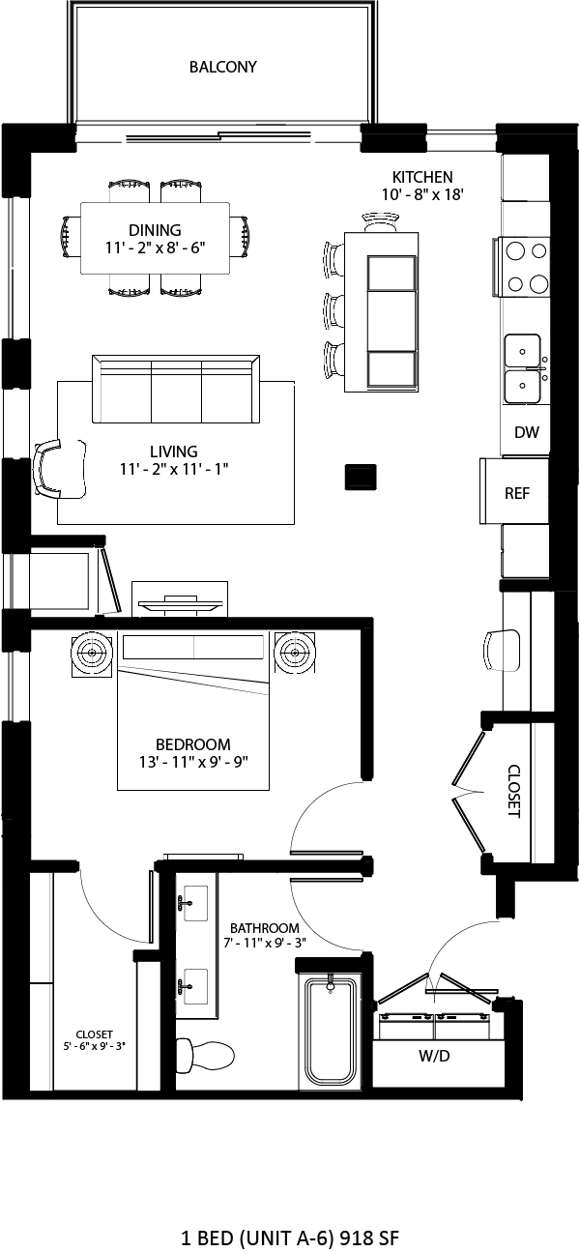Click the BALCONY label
click(222, 67)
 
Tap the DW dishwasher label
click(526, 433)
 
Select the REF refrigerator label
click(517, 493)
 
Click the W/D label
click(434, 1056)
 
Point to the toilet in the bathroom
click(207, 1053)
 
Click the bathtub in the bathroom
click(329, 1031)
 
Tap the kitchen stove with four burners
click(525, 267)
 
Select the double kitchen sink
click(523, 367)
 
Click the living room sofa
click(176, 389)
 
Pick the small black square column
click(362, 476)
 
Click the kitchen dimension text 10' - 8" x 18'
click(422, 193)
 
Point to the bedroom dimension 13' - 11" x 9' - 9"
click(193, 761)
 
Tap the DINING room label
click(155, 230)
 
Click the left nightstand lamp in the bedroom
click(94, 654)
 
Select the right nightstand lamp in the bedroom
click(293, 654)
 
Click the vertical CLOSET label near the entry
click(513, 792)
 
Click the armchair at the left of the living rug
click(56, 469)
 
